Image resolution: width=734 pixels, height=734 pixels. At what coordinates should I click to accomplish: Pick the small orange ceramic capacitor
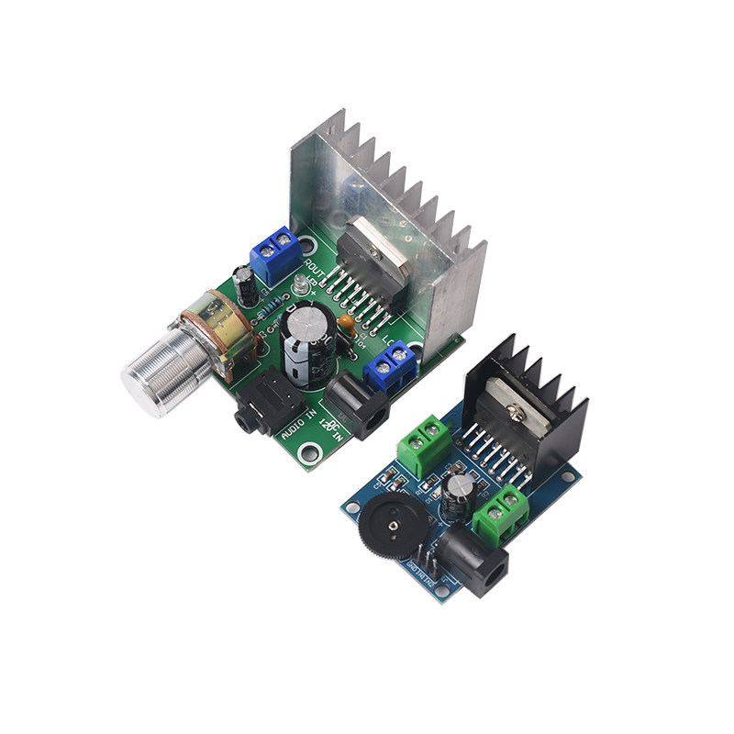pyautogui.click(x=346, y=322)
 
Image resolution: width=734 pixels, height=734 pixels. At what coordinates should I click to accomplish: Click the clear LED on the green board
pyautogui.click(x=301, y=285)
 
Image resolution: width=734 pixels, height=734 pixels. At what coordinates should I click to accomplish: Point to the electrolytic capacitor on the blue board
pyautogui.click(x=458, y=495)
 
